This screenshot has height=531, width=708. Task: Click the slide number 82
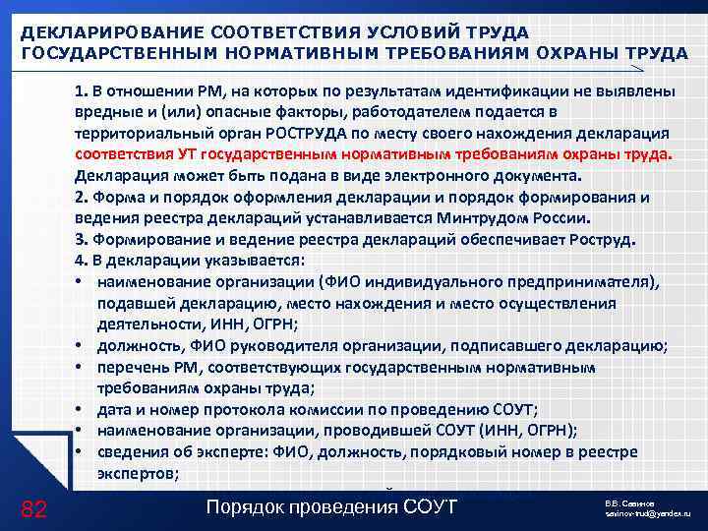pos(33,507)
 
